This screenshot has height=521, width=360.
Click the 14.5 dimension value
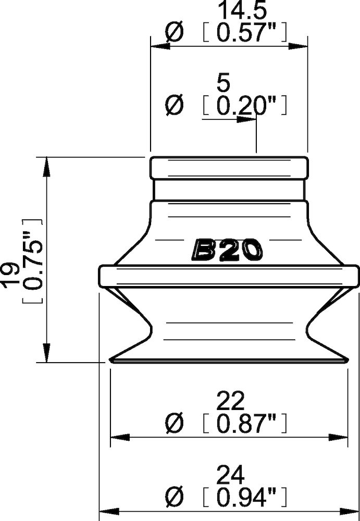230,11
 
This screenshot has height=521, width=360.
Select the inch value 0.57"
244,34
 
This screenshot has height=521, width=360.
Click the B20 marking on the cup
228,250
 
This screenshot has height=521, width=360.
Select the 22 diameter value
230,402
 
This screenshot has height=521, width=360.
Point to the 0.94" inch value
244,499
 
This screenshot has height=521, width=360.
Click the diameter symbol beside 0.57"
174,34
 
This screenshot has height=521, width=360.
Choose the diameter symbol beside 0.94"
174,499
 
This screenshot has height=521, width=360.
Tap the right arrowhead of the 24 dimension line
352,511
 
